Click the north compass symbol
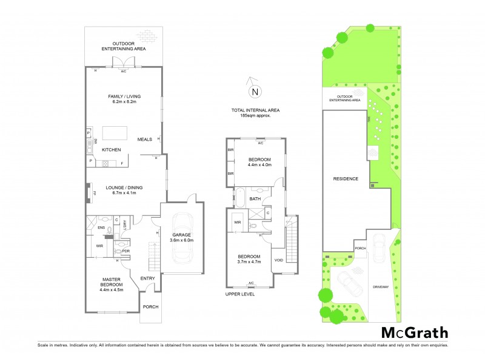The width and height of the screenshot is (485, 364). (x=255, y=92)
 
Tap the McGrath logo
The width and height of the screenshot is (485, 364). (x=415, y=332)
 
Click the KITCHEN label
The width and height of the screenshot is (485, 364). (x=111, y=149)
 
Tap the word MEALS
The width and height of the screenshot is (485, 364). (x=145, y=138)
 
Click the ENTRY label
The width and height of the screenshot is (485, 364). (x=148, y=278)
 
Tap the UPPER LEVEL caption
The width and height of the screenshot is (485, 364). (x=239, y=294)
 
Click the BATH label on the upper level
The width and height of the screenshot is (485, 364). (x=255, y=198)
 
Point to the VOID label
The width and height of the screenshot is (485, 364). (x=279, y=260)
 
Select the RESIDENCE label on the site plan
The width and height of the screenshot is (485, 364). (x=345, y=179)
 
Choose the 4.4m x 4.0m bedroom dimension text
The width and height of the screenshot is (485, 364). (x=259, y=165)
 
